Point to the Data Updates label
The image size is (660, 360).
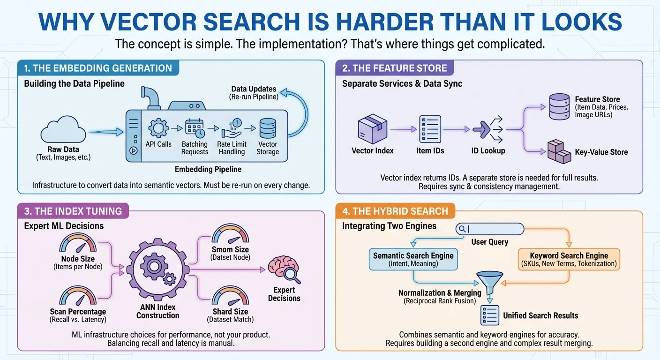254,89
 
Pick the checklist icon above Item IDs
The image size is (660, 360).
430,129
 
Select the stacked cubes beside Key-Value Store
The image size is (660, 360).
559,151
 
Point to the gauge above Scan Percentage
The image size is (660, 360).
78,297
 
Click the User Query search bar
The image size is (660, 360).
489,229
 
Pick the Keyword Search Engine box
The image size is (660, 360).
569,259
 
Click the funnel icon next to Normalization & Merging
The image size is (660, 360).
489,283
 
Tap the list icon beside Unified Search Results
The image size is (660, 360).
489,315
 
